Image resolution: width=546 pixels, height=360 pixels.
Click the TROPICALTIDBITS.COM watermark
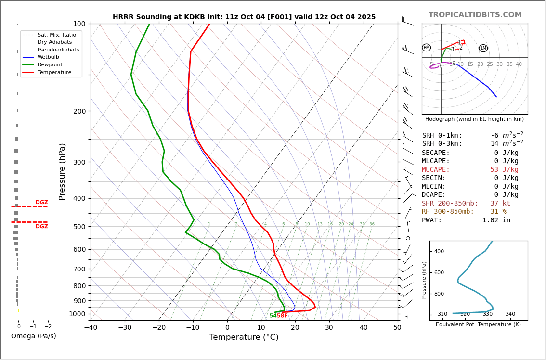(x=475, y=15)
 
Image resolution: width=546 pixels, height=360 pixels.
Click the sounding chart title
(x=244, y=17)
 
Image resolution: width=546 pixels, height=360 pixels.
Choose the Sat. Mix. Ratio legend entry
(x=56, y=35)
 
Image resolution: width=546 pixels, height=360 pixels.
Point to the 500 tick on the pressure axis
(x=79, y=227)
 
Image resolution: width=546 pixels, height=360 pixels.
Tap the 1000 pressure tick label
(x=78, y=314)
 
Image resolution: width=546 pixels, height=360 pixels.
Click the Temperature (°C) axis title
(x=244, y=338)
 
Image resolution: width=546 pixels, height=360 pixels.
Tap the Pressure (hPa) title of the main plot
(x=62, y=171)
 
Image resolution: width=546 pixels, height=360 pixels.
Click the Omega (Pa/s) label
(x=34, y=336)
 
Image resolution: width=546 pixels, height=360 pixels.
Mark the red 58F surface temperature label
(x=282, y=316)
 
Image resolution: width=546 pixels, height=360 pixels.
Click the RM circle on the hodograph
(x=427, y=48)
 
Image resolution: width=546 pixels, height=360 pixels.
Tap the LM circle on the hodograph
(x=483, y=48)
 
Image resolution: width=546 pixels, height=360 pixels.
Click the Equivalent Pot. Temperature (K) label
(x=478, y=325)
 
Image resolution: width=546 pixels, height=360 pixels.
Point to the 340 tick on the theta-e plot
(x=510, y=314)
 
